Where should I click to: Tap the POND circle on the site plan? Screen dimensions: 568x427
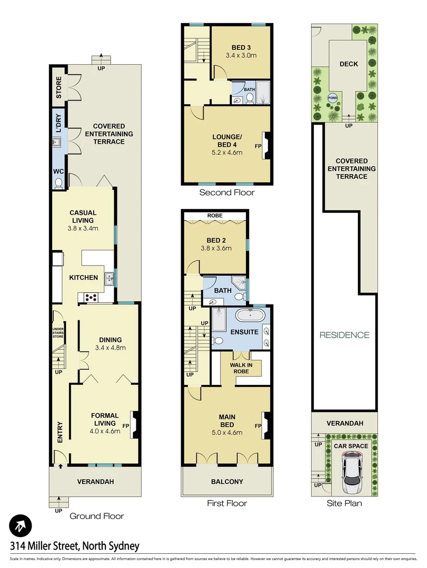point(333,98)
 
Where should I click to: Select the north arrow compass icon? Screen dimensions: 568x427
point(21,525)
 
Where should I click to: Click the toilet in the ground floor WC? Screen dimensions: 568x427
point(58,182)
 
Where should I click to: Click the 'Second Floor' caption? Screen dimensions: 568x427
point(226,192)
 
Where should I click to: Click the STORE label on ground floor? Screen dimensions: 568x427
point(59,87)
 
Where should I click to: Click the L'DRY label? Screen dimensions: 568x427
point(59,123)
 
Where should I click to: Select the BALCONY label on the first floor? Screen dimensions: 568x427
point(227,481)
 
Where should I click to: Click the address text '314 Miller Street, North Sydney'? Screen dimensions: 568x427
point(74,546)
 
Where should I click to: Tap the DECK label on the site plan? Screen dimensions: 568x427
point(349,64)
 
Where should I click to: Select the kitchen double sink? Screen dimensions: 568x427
point(109,278)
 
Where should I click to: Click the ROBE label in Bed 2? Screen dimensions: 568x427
point(214,216)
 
